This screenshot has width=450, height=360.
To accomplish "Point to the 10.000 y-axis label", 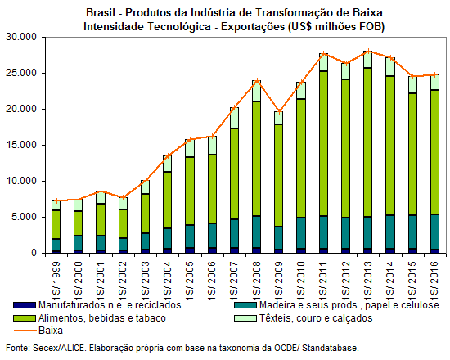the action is tap(21, 181).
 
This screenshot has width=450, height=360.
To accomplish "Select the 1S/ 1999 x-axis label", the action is tap(56, 281).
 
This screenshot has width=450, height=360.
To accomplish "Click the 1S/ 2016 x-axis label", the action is tap(434, 281).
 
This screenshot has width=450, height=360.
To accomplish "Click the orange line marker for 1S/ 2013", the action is tap(368, 52).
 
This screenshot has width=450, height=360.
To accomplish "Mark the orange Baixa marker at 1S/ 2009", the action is tap(279, 111).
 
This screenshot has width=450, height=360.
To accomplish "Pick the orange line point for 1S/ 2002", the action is tap(123, 197).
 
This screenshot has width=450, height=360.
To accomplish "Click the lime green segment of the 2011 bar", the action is tap(323, 143).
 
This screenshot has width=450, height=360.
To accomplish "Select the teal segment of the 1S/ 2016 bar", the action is tap(434, 232).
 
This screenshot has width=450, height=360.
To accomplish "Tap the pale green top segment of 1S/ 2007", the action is tap(235, 118).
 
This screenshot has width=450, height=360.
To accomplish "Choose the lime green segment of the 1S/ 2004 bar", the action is tap(168, 200).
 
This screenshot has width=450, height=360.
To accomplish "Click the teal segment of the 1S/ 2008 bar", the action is tap(257, 232).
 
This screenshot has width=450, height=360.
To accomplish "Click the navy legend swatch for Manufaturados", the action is tap(25, 305).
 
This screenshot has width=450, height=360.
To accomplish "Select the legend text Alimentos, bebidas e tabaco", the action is tap(102, 318).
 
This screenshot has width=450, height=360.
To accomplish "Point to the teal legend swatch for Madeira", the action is tap(245, 305).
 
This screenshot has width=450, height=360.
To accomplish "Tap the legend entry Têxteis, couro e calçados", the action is tap(316, 318).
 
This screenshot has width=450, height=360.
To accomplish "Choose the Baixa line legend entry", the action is tap(38, 331).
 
